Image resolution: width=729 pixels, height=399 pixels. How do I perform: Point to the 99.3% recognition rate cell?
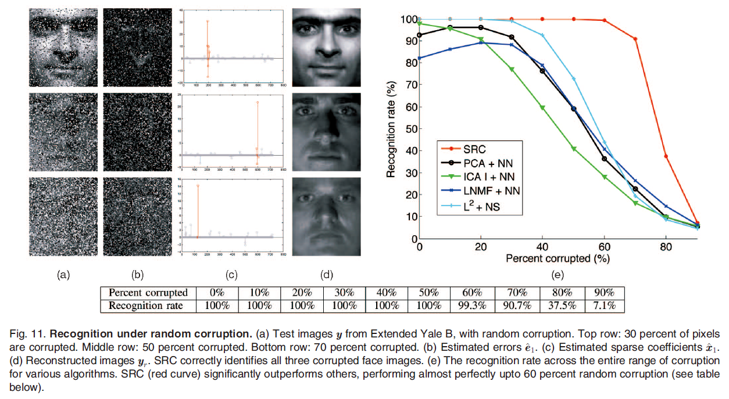(x=472, y=305)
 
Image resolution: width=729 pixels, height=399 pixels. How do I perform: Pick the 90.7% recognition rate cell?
(x=517, y=305)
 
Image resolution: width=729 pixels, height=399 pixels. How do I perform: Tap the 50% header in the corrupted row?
(x=430, y=293)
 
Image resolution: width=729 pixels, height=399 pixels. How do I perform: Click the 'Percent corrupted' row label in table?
(x=148, y=293)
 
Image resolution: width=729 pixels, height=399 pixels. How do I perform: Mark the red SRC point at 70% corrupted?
(x=635, y=39)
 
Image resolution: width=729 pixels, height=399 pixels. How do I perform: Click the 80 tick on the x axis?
(x=666, y=246)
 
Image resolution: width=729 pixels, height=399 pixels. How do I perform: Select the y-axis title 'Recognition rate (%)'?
(x=391, y=129)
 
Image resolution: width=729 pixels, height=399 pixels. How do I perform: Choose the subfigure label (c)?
(x=231, y=275)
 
